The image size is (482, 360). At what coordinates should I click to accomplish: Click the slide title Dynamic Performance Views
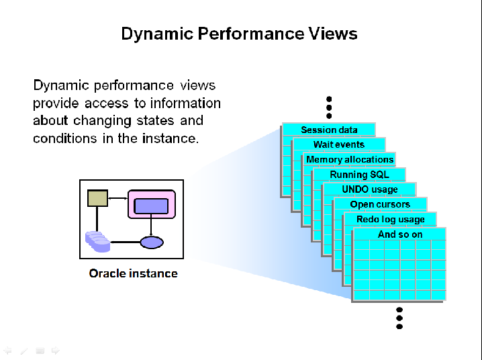pyautogui.click(x=239, y=34)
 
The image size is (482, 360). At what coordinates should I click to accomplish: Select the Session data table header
pyautogui.click(x=329, y=130)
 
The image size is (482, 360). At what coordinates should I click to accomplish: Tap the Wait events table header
pyautogui.click(x=339, y=144)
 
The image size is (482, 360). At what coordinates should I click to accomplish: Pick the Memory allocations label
pyautogui.click(x=350, y=159)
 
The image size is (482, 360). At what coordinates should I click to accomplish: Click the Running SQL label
pyautogui.click(x=359, y=175)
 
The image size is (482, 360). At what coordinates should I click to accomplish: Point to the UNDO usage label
pyautogui.click(x=370, y=189)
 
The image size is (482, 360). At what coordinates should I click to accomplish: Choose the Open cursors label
pyautogui.click(x=380, y=204)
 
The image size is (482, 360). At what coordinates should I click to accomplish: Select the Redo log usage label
pyautogui.click(x=390, y=220)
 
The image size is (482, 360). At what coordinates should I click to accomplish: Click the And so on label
pyautogui.click(x=400, y=234)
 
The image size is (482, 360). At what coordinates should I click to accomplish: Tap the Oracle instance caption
pyautogui.click(x=133, y=273)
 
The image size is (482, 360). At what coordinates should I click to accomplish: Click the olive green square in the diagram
pyautogui.click(x=97, y=198)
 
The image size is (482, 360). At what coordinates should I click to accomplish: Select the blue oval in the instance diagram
pyautogui.click(x=152, y=242)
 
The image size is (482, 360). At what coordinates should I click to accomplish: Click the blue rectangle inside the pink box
pyautogui.click(x=151, y=206)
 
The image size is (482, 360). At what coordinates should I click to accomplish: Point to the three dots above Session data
pyautogui.click(x=329, y=107)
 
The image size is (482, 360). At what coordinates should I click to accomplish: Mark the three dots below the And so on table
pyautogui.click(x=399, y=318)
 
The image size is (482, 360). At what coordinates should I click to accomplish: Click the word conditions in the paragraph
pyautogui.click(x=61, y=138)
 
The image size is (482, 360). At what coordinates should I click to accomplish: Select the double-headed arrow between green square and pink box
pyautogui.click(x=117, y=198)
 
